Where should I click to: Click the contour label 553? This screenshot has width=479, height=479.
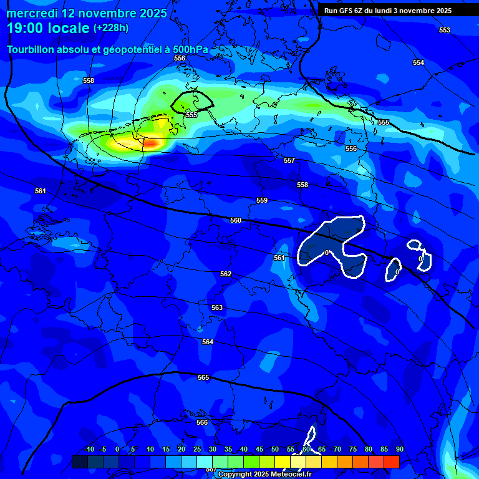444,30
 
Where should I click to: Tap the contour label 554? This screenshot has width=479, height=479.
418,62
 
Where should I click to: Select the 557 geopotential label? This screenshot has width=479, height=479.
289,160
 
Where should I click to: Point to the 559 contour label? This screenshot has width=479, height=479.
262,200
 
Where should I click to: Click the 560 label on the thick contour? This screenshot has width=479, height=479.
235,220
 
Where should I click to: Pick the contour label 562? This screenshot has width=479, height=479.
226,274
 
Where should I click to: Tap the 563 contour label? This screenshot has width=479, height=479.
217,307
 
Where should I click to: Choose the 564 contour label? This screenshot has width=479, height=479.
208,342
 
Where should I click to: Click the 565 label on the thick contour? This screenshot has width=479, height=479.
203,377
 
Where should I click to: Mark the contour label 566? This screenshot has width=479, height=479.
202,422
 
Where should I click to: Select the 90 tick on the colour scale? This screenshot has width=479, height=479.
399,449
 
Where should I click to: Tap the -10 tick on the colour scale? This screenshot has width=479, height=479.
89,449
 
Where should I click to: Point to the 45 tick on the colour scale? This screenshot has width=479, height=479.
259,449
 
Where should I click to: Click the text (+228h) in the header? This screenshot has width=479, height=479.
111,27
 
